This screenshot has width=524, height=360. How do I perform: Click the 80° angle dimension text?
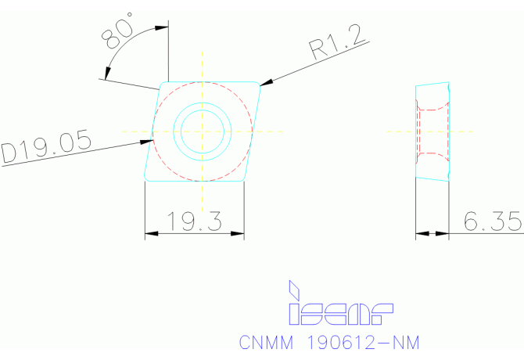pos(118,35)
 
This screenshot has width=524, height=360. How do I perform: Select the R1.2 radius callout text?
pos(339,46)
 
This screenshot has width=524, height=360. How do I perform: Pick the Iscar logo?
pos(339,302)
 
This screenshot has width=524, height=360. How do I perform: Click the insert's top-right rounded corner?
pos(259,83)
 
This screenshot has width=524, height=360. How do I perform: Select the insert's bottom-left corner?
pos(146,179)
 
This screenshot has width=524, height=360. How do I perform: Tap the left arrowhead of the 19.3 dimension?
pos(150,233)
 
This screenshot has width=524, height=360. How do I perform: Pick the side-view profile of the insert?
pos(432,131)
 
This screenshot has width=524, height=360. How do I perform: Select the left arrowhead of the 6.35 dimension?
pos(420,233)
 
